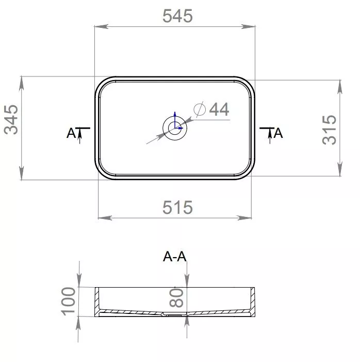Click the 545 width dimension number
(177, 15)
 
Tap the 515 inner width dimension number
(177, 207)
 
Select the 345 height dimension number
(11, 119)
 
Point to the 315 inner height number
(329, 130)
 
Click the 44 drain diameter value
(219, 109)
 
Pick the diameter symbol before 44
(200, 109)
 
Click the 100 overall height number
(69, 301)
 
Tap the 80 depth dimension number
(176, 298)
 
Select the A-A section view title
(174, 256)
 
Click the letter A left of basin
(71, 133)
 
